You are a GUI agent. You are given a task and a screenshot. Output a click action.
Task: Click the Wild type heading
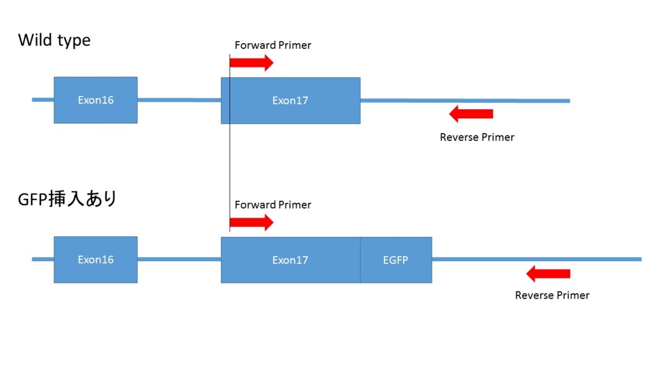pos(55,40)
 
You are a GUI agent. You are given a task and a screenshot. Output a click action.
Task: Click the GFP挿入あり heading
pos(67,199)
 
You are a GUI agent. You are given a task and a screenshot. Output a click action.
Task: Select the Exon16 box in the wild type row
pos(96,100)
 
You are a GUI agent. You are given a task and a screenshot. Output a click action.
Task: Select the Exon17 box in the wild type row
pos(291,100)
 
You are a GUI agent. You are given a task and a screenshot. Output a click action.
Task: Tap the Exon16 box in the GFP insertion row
pos(96,260)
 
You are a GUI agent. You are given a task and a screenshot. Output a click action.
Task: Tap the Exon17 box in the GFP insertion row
pos(291,260)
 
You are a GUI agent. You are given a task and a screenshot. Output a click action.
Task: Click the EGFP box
pos(396,260)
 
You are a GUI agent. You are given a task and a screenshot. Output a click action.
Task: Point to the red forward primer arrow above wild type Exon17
pos(251,63)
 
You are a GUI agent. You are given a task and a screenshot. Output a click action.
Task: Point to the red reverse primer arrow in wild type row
pos(471,114)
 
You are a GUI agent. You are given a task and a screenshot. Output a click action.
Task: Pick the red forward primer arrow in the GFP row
pos(251,222)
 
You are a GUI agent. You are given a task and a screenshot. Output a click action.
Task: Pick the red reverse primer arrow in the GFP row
pos(548,274)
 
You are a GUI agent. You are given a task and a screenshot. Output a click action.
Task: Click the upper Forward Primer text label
pos(273,45)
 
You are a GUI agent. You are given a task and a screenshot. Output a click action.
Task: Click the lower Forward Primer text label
pos(273,205)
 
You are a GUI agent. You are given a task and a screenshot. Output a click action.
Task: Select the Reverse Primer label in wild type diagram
pos(477,137)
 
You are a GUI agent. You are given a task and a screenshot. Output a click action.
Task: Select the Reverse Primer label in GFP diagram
pos(552,295)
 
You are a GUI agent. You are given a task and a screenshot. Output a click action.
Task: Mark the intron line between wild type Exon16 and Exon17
pos(179,100)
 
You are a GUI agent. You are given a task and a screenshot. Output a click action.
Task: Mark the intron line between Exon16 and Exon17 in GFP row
pos(179,259)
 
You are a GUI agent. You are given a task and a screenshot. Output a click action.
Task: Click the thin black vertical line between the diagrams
pos(230,143)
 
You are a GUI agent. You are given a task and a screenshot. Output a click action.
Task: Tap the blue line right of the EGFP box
pos(537,259)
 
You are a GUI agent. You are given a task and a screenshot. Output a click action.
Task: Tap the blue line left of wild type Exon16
pos(43,100)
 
